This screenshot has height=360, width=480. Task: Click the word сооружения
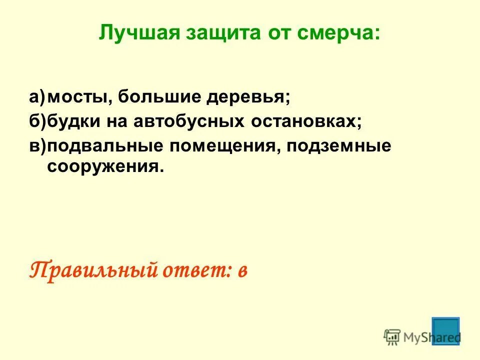105,166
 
